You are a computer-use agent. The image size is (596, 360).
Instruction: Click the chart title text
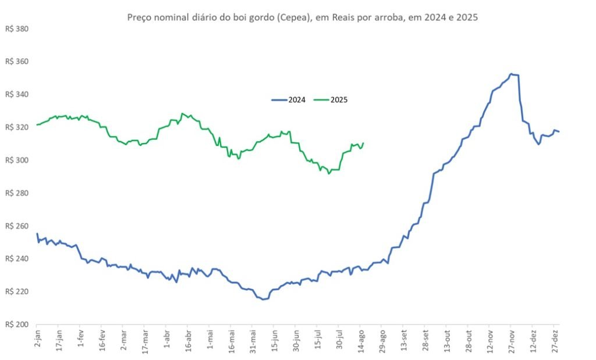pyautogui.click(x=302, y=17)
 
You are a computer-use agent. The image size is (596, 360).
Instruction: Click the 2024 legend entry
pyautogui.click(x=289, y=100)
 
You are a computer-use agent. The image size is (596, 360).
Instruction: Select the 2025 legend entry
pyautogui.click(x=331, y=100)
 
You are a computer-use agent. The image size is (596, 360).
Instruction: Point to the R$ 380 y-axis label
pyautogui.click(x=17, y=28)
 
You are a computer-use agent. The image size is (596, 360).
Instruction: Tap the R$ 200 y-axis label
pyautogui.click(x=17, y=325)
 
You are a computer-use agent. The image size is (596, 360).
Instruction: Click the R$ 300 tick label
pyautogui.click(x=17, y=160)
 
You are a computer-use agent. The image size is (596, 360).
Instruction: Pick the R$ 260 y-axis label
pyautogui.click(x=17, y=226)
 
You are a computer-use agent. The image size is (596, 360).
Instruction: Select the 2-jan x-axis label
pyautogui.click(x=37, y=339)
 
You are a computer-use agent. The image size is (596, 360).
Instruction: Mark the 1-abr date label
pyautogui.click(x=167, y=339)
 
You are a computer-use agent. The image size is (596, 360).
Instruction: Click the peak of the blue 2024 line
pyautogui.click(x=511, y=74)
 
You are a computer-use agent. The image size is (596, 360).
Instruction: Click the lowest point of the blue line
pyautogui.click(x=263, y=300)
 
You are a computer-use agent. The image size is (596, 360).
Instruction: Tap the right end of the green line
pyautogui.click(x=363, y=143)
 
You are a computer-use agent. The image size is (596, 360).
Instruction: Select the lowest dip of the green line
pyautogui.click(x=329, y=173)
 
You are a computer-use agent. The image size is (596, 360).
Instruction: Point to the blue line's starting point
pyautogui.click(x=37, y=234)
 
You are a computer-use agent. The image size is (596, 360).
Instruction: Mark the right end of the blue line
pyautogui.click(x=559, y=131)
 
